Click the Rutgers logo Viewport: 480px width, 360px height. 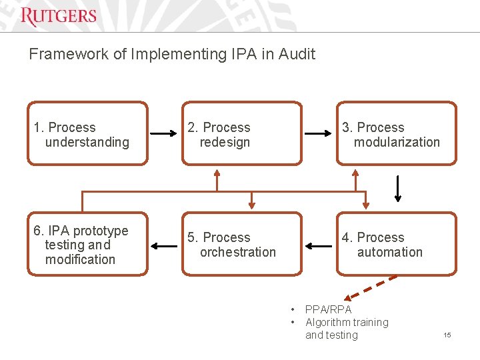59,16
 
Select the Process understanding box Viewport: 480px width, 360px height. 87,133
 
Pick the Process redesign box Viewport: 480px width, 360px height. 241,133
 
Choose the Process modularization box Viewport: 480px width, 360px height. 396,133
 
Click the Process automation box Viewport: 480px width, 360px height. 396,244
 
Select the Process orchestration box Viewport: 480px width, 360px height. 241,244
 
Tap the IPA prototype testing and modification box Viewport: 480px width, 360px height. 87,244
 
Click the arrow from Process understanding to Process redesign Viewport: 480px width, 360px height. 164,133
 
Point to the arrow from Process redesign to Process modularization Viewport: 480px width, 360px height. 319,133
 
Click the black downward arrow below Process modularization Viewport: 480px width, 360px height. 398,189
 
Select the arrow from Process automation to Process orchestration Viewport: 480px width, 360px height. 319,246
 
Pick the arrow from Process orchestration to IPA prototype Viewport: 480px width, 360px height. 164,246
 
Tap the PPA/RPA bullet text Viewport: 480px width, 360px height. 328,309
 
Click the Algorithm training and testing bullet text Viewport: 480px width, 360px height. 347,329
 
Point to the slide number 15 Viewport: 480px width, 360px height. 447,335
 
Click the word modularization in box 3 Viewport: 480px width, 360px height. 397,142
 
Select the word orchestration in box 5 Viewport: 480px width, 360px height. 237,252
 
